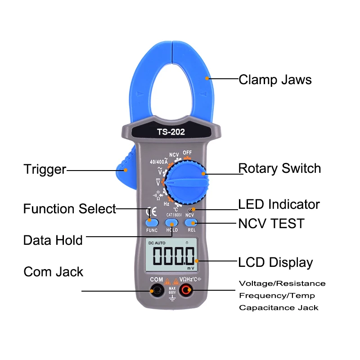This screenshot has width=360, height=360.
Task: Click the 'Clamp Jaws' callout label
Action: tap(275, 80)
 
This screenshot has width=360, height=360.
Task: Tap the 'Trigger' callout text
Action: tap(45, 170)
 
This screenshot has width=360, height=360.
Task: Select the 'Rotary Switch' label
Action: tap(279, 168)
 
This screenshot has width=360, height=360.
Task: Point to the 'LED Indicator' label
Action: tap(279, 204)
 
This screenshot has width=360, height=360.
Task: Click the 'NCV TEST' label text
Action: tap(271, 223)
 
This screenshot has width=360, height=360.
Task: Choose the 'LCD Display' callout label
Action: tap(275, 262)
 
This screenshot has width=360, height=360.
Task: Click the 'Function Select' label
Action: tap(70, 209)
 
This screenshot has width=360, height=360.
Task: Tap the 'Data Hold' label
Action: tap(53, 240)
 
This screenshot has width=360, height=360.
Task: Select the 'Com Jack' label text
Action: tap(53, 272)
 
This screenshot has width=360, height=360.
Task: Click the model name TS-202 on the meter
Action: tap(171, 132)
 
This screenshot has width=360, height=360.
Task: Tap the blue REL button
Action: tap(192, 222)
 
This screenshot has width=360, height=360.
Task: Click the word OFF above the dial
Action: tap(188, 153)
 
